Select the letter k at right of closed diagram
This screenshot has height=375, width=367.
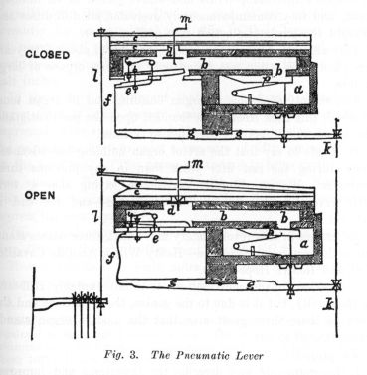(x=337, y=150)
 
